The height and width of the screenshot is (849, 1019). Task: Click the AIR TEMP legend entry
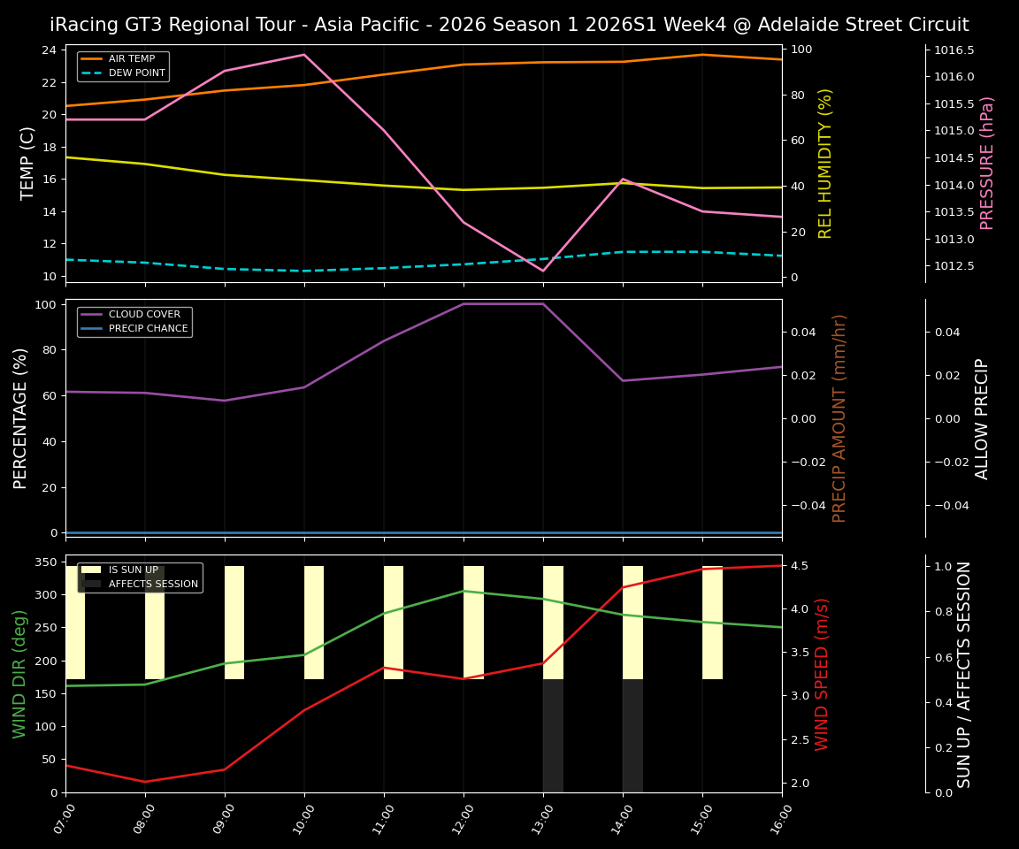pyautogui.click(x=131, y=59)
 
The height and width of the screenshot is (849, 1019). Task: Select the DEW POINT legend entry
pyautogui.click(x=136, y=73)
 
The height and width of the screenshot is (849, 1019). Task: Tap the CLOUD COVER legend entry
pyautogui.click(x=144, y=314)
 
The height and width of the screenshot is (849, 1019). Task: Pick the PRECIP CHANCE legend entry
pyautogui.click(x=148, y=329)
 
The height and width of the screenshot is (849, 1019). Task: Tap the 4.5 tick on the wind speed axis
pyautogui.click(x=801, y=566)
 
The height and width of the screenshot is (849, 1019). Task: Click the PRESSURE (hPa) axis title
pyautogui.click(x=987, y=164)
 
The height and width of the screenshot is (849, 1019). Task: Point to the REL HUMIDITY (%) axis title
pyautogui.click(x=825, y=164)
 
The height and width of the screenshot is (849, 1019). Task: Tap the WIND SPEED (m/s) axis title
pyautogui.click(x=822, y=674)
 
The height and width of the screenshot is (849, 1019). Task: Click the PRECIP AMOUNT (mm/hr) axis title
pyautogui.click(x=839, y=418)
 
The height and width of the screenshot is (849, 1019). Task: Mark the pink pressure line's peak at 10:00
pyautogui.click(x=304, y=55)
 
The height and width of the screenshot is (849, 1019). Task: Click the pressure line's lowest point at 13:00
pyautogui.click(x=543, y=271)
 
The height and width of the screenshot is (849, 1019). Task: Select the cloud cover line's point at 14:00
pyautogui.click(x=623, y=381)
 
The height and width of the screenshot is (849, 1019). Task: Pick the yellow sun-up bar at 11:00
pyautogui.click(x=394, y=623)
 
